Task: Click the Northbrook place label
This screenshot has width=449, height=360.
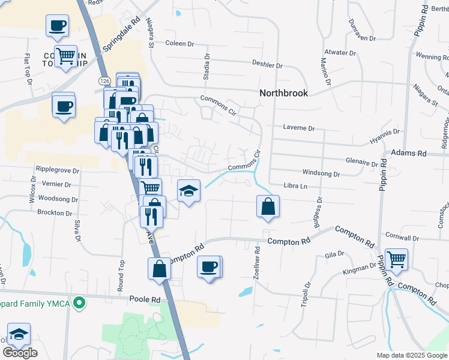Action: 284,93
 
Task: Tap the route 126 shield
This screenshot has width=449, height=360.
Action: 104,80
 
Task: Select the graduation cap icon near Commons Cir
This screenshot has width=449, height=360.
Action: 188,191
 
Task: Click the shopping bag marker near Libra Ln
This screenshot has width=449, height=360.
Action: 268,207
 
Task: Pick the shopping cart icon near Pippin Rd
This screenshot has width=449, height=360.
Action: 396,260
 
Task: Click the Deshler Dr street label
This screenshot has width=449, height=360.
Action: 267,65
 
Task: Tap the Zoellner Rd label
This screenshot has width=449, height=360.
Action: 257,260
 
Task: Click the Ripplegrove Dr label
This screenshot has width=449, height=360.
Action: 58,170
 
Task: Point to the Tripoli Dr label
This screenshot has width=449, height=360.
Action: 306,294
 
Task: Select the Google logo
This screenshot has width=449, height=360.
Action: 20,353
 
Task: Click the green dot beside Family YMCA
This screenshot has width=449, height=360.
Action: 77,304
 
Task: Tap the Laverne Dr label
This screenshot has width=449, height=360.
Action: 299,128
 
